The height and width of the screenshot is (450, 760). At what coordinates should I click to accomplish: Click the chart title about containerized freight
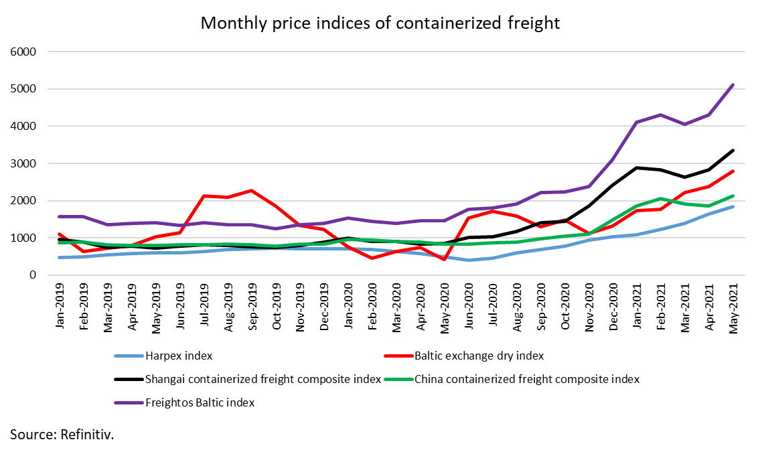(380, 23)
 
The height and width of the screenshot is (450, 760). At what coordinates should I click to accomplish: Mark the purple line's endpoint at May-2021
(733, 85)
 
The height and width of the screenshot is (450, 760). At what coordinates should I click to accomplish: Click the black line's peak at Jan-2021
(637, 168)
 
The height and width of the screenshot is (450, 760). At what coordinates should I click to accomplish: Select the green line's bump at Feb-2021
(662, 198)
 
